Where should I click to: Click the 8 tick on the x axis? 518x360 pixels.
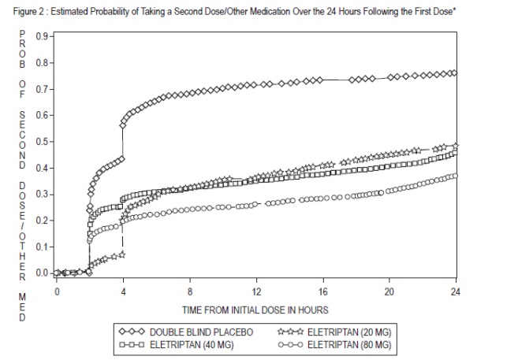pos(190,291)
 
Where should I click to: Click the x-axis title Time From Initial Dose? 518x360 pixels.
pos(255,310)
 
